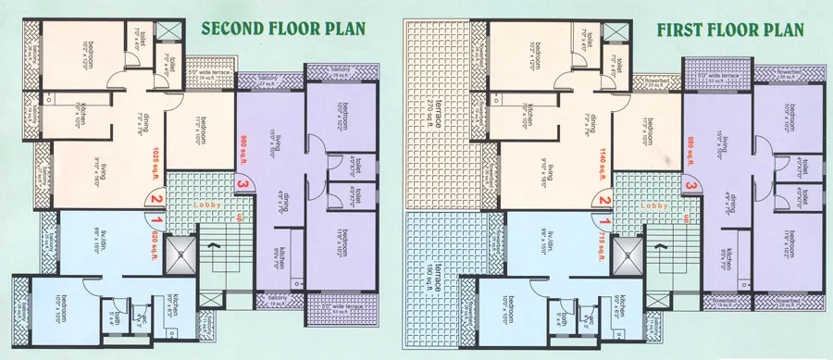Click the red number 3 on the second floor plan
(x=242, y=186)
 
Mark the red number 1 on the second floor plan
(x=157, y=220)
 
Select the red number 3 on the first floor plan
(x=690, y=186)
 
